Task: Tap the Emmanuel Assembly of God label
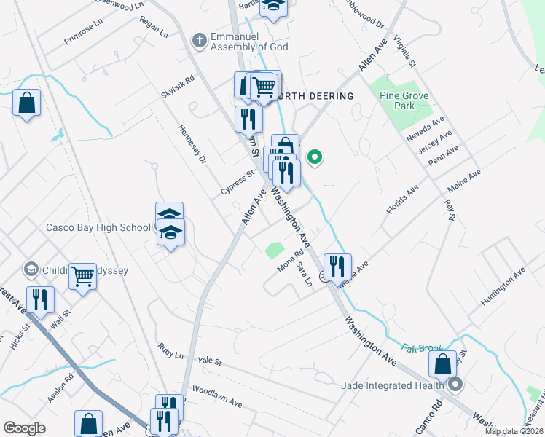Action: click(249, 42)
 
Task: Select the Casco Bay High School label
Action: click(98, 227)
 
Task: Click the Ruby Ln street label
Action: click(170, 350)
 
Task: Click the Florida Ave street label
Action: click(402, 199)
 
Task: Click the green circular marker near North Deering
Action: click(315, 156)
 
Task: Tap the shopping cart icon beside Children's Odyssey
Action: click(83, 275)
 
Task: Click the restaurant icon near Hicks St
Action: click(39, 299)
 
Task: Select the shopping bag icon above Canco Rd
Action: click(442, 364)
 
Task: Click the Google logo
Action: click(25, 428)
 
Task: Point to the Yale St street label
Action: click(209, 361)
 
